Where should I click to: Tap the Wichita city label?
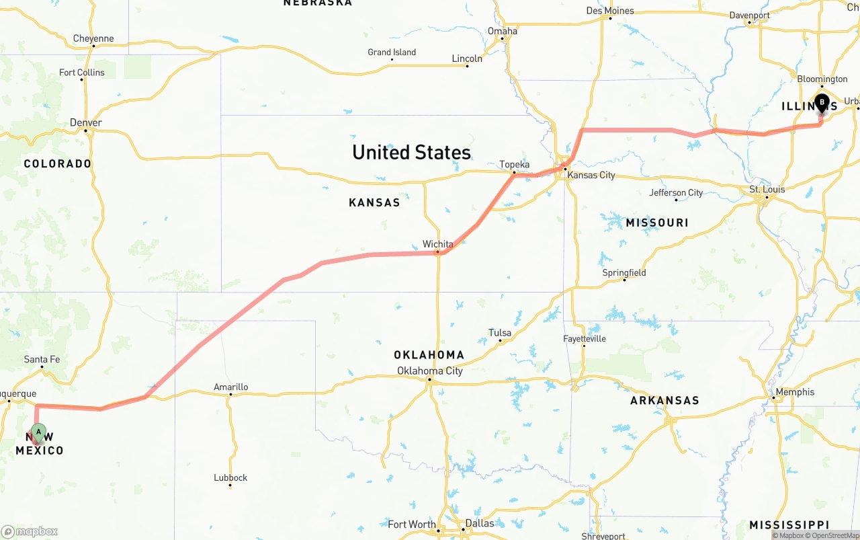point(437,244)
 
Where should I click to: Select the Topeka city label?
point(514,165)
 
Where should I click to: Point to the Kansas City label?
point(591,175)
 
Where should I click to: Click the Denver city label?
point(86,122)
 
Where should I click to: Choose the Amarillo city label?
point(230,387)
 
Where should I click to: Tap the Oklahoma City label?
point(429,371)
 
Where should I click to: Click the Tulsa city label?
point(500,333)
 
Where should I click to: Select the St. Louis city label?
point(767,190)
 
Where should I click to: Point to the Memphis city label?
point(794,392)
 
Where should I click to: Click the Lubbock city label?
point(230,477)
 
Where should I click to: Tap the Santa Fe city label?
point(42,359)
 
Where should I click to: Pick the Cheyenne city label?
point(93,38)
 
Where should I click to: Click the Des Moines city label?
point(609,11)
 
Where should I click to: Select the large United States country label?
point(411,152)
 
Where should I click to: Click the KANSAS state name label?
point(374,202)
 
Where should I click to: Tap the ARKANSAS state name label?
point(664,400)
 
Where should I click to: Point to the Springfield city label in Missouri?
point(623,272)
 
